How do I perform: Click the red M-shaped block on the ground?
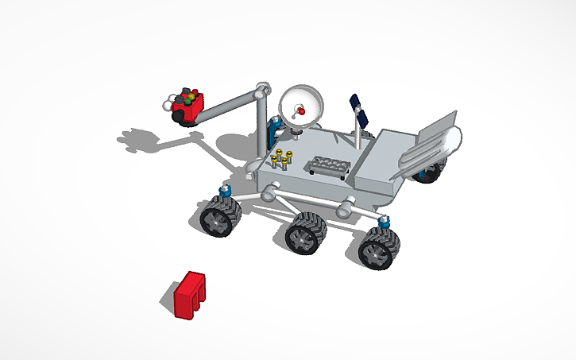pyautogui.click(x=189, y=295)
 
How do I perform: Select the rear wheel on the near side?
pyautogui.click(x=377, y=249)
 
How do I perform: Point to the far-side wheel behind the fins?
pyautogui.click(x=430, y=170)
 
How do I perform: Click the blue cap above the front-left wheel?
pyautogui.click(x=225, y=191)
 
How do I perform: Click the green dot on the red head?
pyautogui.click(x=191, y=97)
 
